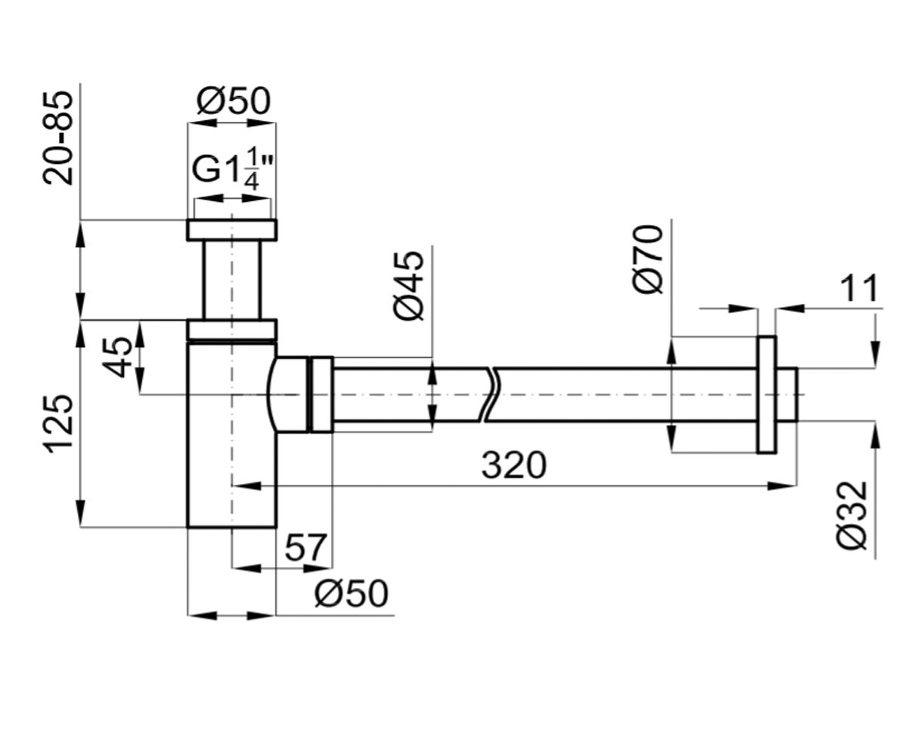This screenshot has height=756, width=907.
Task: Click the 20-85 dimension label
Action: [x=58, y=138]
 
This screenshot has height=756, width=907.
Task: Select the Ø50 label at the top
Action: [x=234, y=101]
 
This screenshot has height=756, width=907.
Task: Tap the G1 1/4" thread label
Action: [x=233, y=169]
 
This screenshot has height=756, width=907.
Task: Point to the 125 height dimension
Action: [x=58, y=423]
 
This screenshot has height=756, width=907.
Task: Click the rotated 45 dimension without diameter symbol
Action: [x=116, y=357]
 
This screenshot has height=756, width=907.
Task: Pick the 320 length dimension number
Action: [x=514, y=466]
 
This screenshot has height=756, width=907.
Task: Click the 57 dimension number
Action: [x=305, y=547]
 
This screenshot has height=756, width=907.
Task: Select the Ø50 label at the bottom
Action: [x=351, y=593]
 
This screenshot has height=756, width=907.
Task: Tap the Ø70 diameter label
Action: [x=648, y=259]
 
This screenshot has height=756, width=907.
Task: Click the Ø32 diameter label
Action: [x=851, y=516]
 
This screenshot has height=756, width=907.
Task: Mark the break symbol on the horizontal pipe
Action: [x=490, y=395]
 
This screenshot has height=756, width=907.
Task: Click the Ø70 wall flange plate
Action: [x=766, y=395]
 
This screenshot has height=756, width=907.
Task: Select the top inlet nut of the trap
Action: [x=232, y=230]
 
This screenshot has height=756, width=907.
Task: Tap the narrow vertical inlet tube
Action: [x=232, y=280]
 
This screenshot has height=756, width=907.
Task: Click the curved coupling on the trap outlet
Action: [x=289, y=395]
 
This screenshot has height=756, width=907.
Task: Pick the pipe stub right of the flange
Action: [x=787, y=395]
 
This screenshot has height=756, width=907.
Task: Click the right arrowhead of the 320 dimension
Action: [x=782, y=486]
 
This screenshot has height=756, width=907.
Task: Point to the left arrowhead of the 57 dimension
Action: [x=246, y=568]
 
